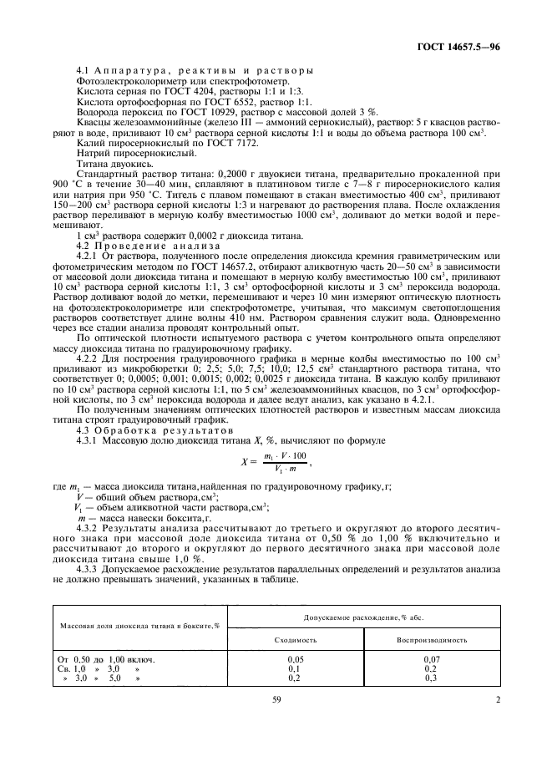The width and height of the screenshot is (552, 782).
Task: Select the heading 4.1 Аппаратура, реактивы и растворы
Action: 195,70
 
